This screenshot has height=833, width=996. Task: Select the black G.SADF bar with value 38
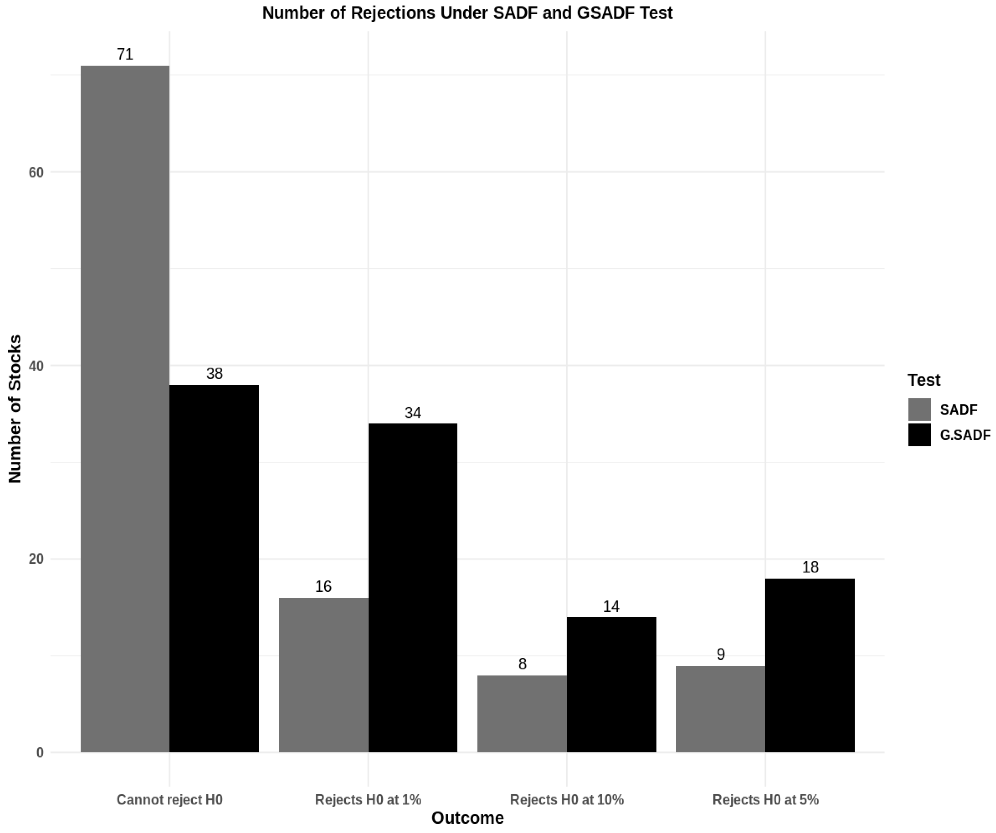(x=214, y=568)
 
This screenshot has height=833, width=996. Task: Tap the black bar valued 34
(x=413, y=587)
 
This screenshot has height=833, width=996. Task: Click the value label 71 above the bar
(x=125, y=54)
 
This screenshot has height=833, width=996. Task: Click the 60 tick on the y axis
(x=36, y=173)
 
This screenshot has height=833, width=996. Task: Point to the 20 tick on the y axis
(x=36, y=559)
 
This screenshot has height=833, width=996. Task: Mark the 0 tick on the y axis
(x=40, y=752)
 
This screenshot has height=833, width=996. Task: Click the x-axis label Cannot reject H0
(x=169, y=800)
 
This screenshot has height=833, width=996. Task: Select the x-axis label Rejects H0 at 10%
(x=567, y=800)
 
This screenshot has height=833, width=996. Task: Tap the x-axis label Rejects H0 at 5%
(x=766, y=800)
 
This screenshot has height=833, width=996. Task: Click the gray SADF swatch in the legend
(x=919, y=410)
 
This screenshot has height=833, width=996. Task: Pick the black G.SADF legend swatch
(x=919, y=435)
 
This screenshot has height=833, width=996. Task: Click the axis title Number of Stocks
(x=15, y=409)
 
